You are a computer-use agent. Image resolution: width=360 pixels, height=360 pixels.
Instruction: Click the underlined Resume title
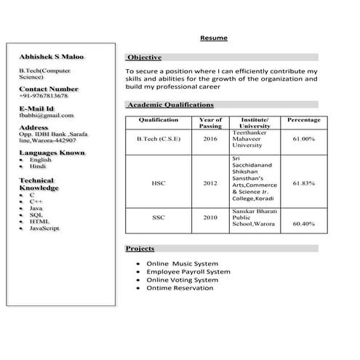click(x=213, y=38)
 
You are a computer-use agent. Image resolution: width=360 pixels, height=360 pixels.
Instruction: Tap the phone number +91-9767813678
click(x=43, y=95)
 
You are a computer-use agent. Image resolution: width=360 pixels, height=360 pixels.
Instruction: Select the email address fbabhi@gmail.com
click(x=47, y=115)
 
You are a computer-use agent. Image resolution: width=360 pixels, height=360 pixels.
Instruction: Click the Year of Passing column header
click(x=210, y=123)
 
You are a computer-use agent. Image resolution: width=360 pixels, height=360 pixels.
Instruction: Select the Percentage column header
click(x=303, y=120)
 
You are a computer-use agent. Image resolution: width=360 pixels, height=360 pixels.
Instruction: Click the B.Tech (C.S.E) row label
click(x=159, y=138)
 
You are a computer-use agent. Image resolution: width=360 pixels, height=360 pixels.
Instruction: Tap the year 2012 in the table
click(x=210, y=184)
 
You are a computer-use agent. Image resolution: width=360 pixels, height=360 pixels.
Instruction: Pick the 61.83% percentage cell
click(x=303, y=184)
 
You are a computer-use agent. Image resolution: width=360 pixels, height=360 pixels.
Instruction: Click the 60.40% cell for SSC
click(x=303, y=224)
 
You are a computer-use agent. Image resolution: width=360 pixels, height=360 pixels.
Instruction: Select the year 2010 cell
click(x=210, y=217)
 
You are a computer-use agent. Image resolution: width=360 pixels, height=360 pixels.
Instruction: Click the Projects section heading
click(x=140, y=249)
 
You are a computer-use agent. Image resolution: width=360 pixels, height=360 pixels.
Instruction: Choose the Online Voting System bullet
click(x=182, y=279)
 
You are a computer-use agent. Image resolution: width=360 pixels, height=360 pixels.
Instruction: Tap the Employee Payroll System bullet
click(x=188, y=271)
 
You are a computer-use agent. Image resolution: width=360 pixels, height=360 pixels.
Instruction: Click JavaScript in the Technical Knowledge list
click(x=44, y=228)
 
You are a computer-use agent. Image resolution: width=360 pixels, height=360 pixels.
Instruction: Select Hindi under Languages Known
click(x=38, y=166)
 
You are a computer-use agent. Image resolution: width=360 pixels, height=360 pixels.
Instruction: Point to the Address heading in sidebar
click(x=33, y=127)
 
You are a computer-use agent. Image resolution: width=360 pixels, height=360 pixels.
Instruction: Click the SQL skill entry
click(x=36, y=215)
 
